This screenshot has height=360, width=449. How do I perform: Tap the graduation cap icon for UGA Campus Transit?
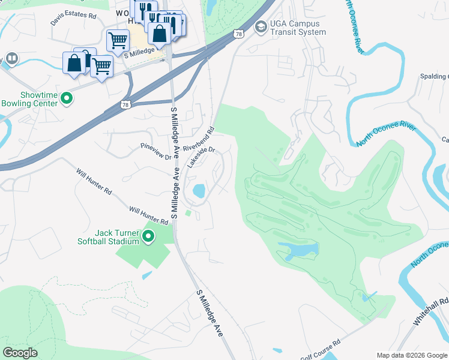[261, 27]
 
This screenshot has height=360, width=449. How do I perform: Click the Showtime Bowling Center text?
[30, 100]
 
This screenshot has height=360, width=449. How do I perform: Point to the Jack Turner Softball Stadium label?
[108, 237]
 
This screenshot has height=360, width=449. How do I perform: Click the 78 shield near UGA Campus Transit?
[239, 34]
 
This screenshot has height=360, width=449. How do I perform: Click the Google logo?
[20, 352]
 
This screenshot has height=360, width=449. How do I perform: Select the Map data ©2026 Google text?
[411, 355]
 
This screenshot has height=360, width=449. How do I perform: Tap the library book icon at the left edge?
[11, 59]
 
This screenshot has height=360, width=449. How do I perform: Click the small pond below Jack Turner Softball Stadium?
[147, 275]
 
